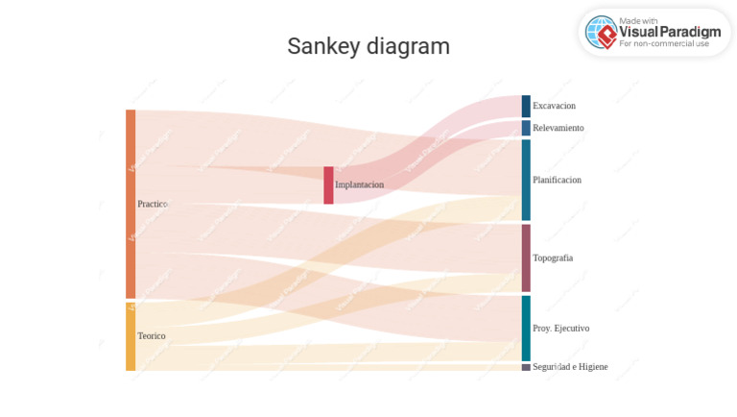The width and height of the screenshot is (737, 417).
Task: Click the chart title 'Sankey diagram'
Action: click(368, 46)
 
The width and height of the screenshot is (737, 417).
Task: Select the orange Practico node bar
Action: click(131, 204)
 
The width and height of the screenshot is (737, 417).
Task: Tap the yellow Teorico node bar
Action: click(131, 336)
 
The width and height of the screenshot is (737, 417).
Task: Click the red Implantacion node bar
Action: click(328, 184)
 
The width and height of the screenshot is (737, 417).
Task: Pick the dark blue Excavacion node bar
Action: click(526, 106)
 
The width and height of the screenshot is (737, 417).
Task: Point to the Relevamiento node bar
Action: click(526, 128)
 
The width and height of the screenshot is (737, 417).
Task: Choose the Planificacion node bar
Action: click(526, 180)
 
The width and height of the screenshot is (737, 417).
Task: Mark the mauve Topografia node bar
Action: click(526, 258)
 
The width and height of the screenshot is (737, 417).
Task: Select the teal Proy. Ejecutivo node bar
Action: click(526, 328)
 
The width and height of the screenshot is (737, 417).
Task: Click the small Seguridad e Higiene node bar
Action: click(526, 367)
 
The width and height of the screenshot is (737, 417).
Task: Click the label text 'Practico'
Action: click(153, 205)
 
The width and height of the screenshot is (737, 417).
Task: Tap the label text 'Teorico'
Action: click(152, 336)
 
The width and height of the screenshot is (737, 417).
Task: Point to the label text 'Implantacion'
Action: click(359, 184)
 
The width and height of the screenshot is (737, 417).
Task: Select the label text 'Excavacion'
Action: click(554, 106)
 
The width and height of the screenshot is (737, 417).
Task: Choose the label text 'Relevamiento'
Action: click(558, 128)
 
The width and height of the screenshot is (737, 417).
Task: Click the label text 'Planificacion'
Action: click(557, 180)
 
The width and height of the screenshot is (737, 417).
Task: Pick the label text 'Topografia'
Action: click(553, 258)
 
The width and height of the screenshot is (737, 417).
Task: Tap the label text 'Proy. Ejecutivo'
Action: click(560, 329)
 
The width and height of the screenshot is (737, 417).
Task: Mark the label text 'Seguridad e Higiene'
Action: click(570, 367)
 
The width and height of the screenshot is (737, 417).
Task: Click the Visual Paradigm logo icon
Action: click(601, 33)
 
